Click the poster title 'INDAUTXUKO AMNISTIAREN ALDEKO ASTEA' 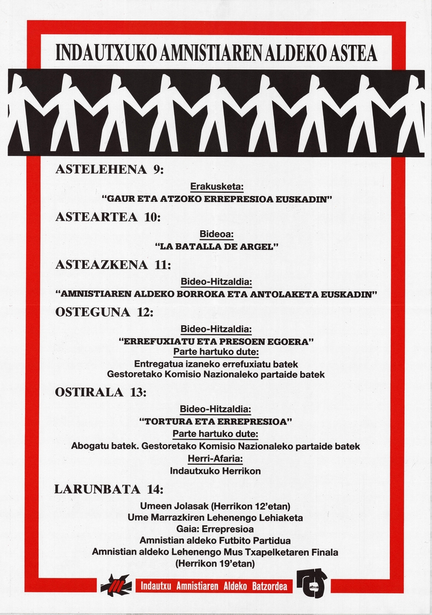(217, 53)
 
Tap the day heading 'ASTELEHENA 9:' (109, 170)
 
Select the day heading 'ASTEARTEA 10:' (108, 217)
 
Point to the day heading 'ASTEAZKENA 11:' (113, 265)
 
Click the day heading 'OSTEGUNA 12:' (104, 312)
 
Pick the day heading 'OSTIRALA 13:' (101, 392)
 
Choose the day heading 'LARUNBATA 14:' (108, 489)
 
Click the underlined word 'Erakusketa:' (216, 187)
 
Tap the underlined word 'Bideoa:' (217, 234)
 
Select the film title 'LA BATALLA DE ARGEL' (216, 247)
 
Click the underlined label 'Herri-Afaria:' (215, 459)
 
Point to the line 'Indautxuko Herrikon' (215, 471)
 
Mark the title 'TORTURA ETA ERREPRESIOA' (216, 422)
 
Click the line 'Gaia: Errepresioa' (215, 529)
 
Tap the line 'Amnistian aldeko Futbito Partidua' (215, 540)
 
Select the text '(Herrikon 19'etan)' (215, 564)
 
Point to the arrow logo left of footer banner (116, 585)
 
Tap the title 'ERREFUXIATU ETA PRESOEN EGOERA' (216, 341)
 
